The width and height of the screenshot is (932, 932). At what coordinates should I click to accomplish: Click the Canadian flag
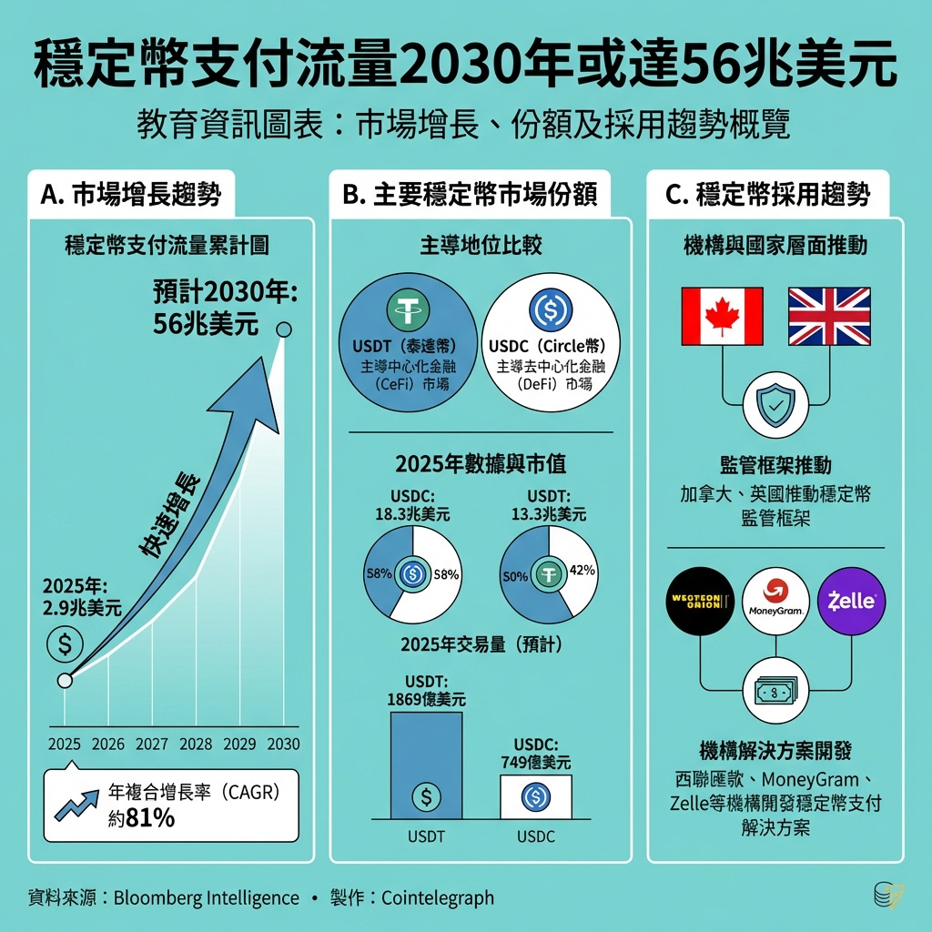tap(722, 317)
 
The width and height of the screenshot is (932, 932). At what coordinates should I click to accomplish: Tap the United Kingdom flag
tap(828, 317)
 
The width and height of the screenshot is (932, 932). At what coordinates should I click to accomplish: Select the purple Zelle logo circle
tap(851, 602)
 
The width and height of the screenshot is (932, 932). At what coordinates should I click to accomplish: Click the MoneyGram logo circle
tap(776, 602)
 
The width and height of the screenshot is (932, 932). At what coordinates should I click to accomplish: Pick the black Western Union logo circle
tap(700, 602)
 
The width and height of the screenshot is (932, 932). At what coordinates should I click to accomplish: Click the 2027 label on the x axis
tap(152, 744)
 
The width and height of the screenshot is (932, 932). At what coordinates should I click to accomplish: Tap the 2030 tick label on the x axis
tap(283, 744)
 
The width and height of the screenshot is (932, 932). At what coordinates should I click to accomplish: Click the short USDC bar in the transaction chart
tap(535, 796)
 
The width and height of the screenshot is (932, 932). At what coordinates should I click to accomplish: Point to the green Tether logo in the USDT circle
tap(408, 310)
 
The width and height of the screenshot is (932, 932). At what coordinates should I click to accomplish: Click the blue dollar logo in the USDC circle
tap(550, 310)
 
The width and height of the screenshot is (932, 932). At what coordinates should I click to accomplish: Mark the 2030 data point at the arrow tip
tap(284, 329)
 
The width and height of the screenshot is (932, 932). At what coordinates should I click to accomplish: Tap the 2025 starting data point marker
tap(65, 680)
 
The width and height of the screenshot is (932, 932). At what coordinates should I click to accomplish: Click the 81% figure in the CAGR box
tap(150, 817)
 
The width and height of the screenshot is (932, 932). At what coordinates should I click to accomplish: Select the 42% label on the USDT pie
tap(581, 571)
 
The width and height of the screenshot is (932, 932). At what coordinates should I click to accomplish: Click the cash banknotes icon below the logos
tap(775, 693)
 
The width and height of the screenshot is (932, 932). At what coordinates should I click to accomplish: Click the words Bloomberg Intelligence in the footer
tap(207, 898)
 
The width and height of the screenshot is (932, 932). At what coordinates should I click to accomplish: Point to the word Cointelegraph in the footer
tap(438, 898)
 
